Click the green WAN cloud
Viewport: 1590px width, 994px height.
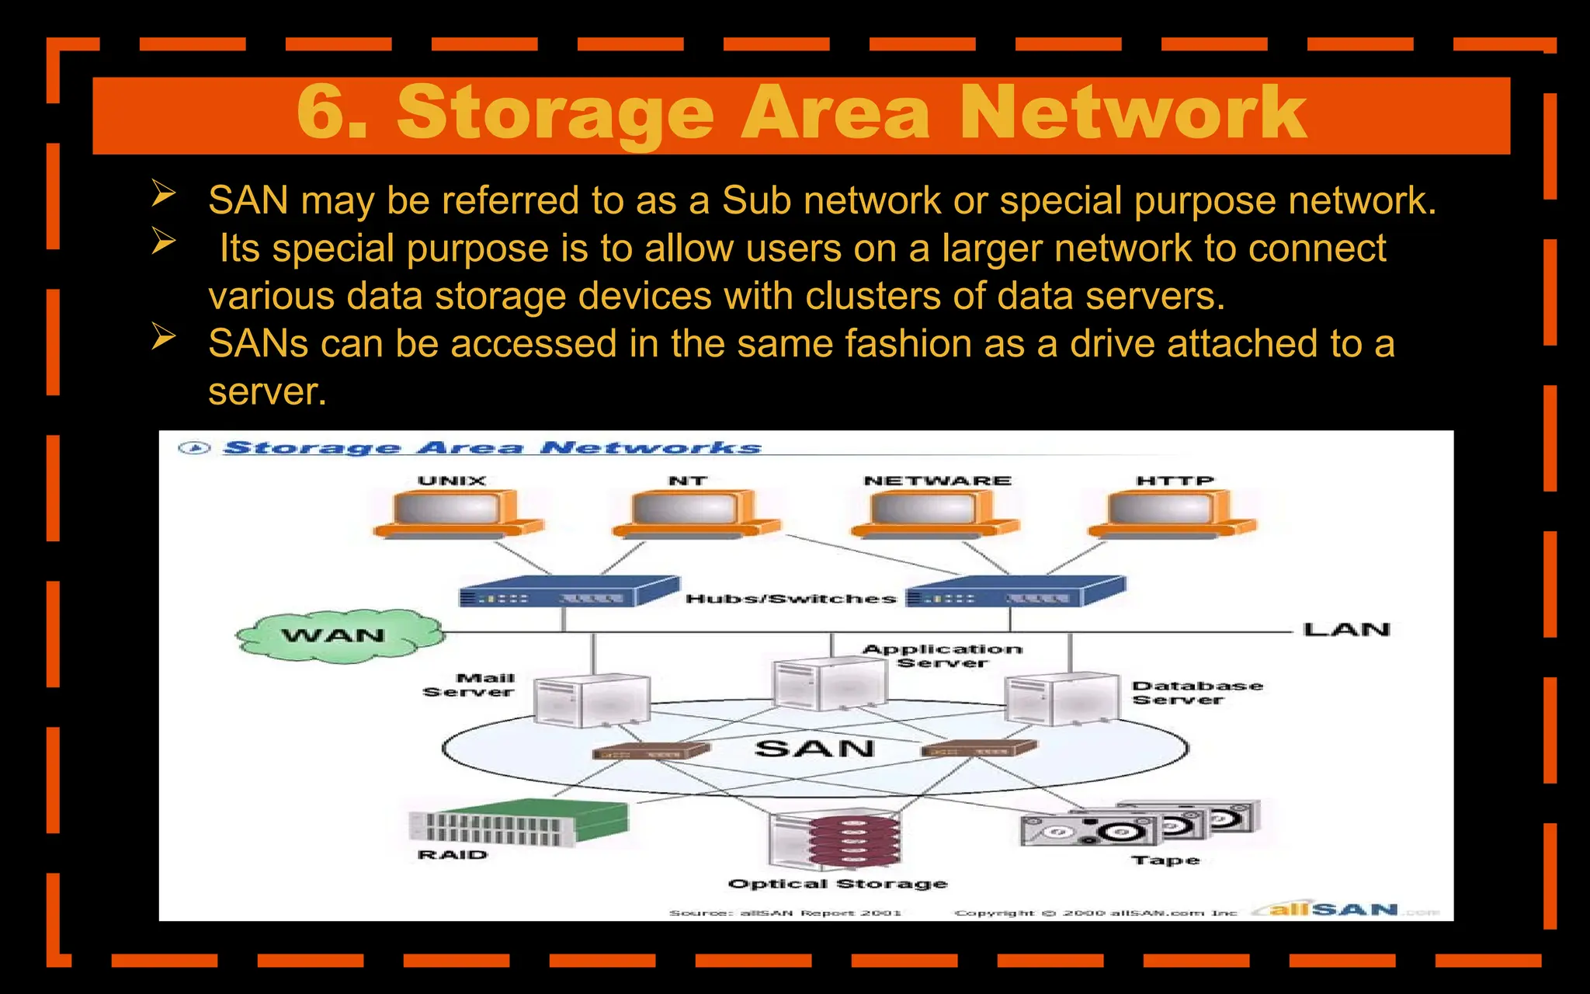338,636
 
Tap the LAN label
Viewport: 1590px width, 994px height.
1346,630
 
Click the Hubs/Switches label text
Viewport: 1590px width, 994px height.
790,599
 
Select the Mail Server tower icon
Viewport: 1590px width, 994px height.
592,699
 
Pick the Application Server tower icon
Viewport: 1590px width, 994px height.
829,683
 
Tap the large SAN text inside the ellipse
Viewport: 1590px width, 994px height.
814,749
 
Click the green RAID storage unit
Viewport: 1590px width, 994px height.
519,823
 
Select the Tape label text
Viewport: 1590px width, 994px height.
1165,860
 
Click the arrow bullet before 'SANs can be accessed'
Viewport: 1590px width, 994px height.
163,338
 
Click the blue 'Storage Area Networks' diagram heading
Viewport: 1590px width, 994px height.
492,448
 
